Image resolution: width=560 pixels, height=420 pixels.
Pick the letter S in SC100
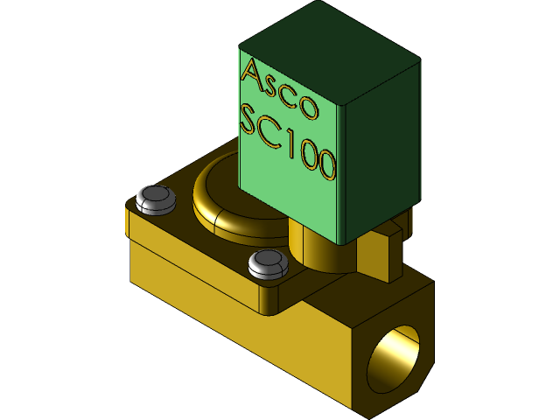(x=250, y=122)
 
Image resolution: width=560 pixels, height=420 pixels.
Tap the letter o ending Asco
(x=308, y=108)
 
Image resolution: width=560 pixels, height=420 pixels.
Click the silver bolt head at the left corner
(x=155, y=199)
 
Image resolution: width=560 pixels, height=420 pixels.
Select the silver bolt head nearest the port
(x=267, y=263)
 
